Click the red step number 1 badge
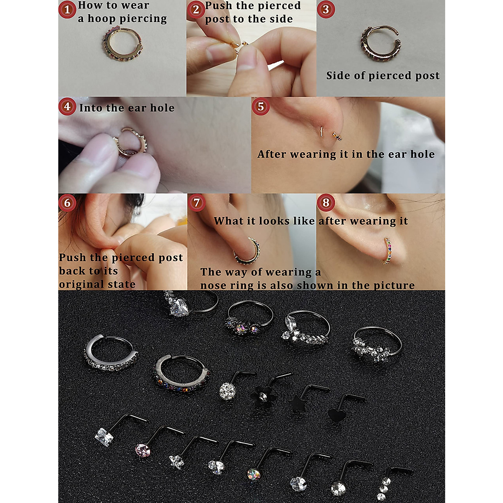point(67,10)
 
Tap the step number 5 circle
point(260,106)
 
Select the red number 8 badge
point(326,202)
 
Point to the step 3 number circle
point(326,9)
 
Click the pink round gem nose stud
point(143,450)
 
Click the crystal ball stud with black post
point(227,391)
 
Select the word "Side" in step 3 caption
point(338,75)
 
